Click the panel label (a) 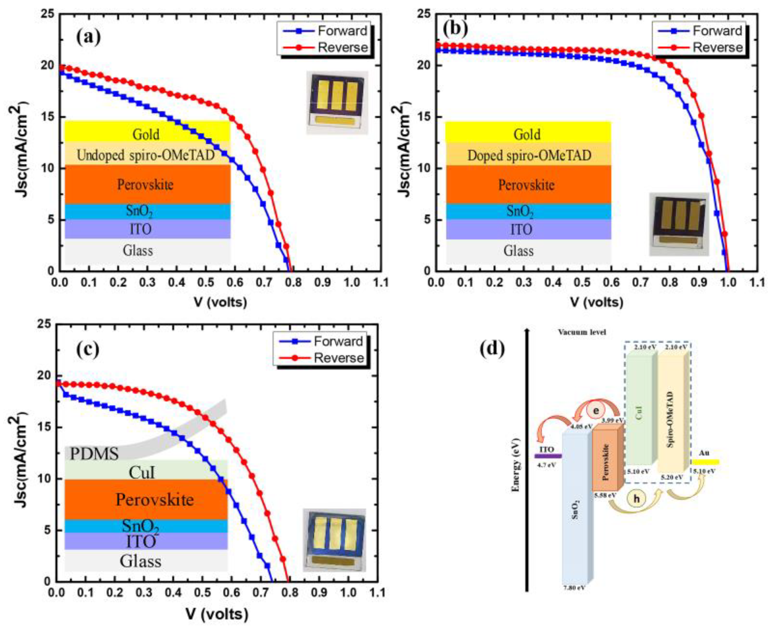coord(88,37)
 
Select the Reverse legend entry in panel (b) coord(717,48)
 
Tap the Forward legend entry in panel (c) coord(338,342)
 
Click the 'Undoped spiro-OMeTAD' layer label coord(146,155)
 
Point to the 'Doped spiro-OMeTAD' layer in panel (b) coord(528,155)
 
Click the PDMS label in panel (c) coord(95,454)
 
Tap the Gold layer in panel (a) coord(146,134)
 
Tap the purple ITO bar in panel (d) coord(547,456)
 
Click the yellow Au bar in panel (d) coord(705,462)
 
